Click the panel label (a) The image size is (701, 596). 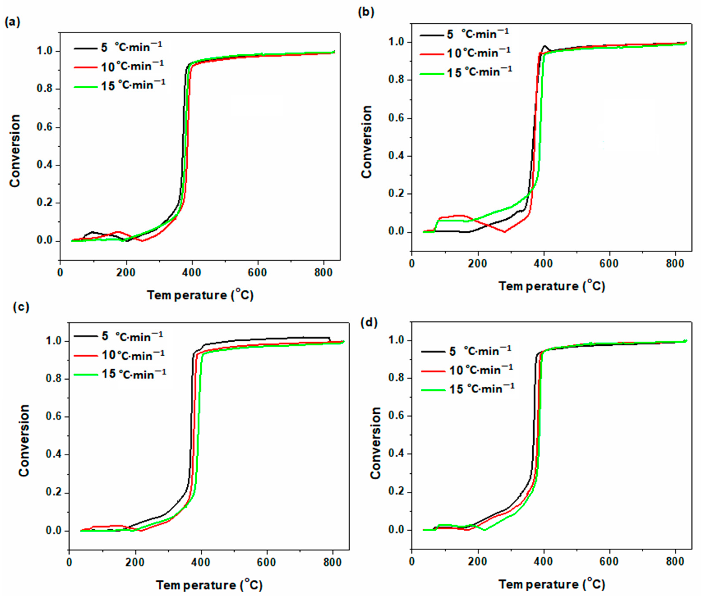(12, 22)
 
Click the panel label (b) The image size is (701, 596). (366, 12)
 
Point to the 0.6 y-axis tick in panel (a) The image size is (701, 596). (45, 127)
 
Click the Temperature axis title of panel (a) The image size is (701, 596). (200, 295)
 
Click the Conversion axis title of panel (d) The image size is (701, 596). (375, 443)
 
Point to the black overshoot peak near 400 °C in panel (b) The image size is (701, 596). (544, 46)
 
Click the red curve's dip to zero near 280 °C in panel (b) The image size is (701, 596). (505, 232)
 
